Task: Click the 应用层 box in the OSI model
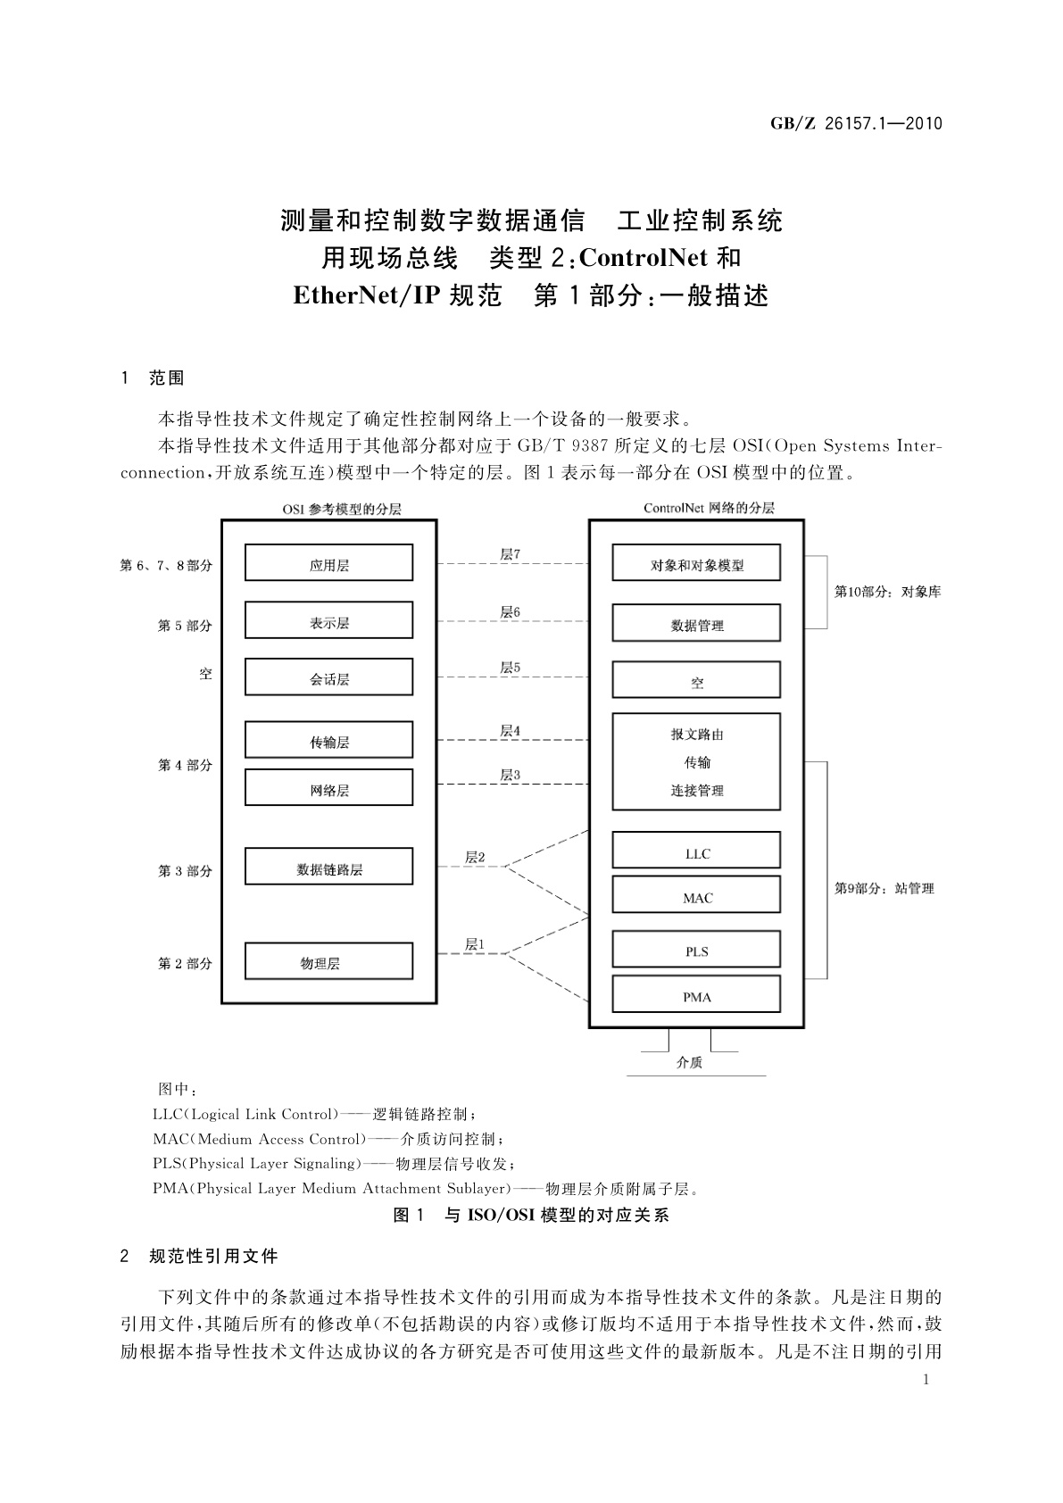[328, 563]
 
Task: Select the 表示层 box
[328, 621]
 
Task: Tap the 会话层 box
[328, 677]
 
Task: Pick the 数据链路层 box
[328, 868]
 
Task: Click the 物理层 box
[328, 962]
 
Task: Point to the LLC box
[696, 851]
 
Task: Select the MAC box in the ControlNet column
[696, 896]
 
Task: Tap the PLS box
[696, 951]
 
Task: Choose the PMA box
[696, 995]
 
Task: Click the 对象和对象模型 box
[696, 563]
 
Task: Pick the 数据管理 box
[696, 624]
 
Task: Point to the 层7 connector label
[510, 554]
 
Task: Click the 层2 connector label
[475, 857]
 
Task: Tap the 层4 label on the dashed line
[510, 730]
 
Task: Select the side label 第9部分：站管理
[884, 888]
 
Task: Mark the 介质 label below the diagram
[689, 1062]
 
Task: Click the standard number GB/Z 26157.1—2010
[856, 124]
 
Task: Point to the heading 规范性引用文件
[213, 1256]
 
